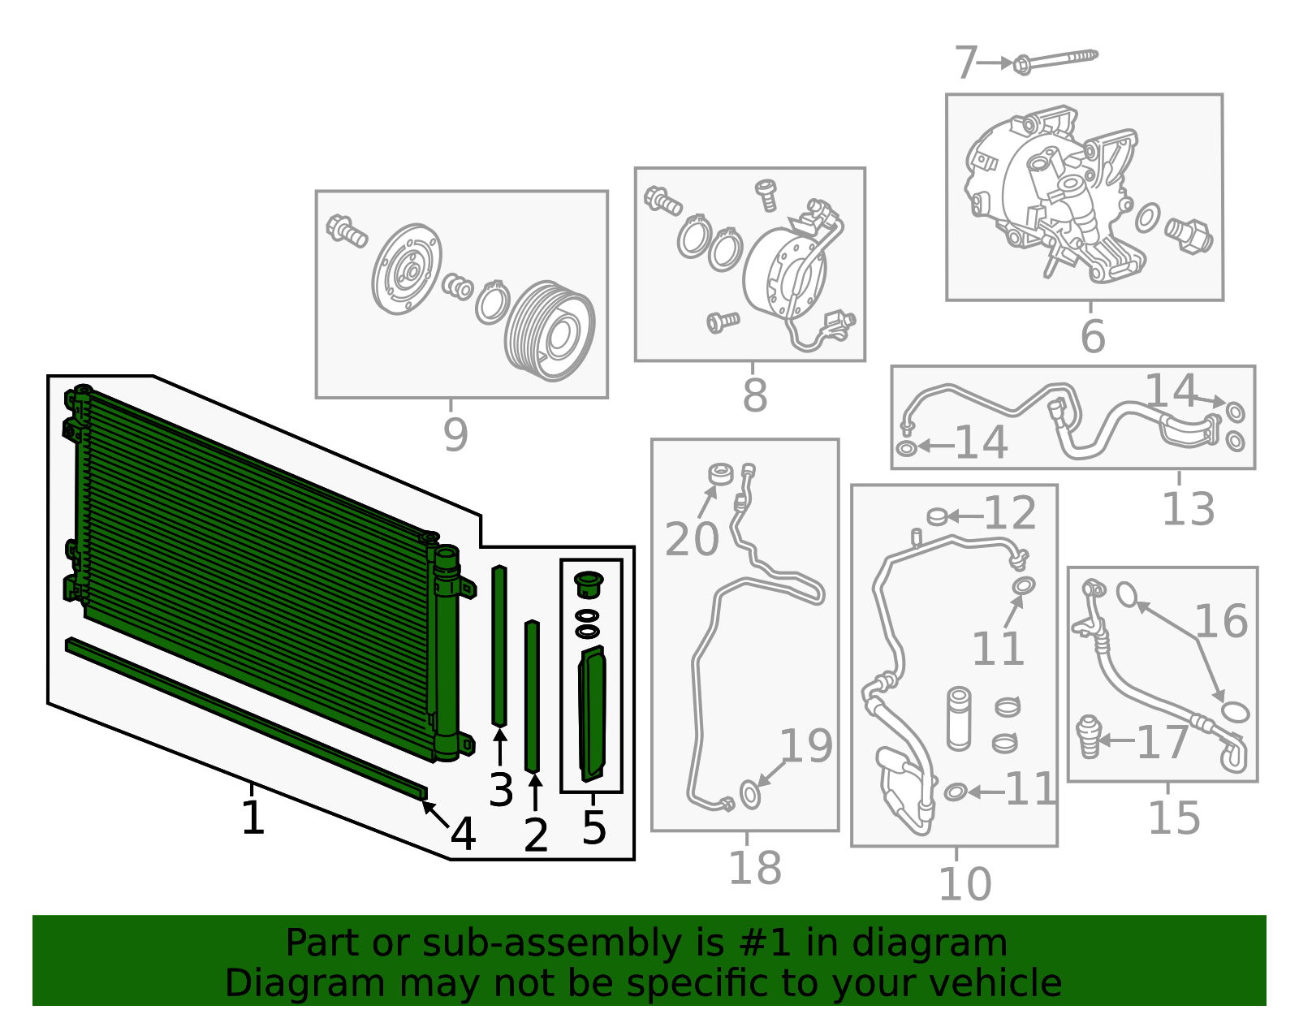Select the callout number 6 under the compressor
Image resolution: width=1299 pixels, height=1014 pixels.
(1093, 336)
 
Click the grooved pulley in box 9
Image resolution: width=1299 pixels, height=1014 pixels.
(550, 331)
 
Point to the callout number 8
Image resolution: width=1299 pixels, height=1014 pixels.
(754, 395)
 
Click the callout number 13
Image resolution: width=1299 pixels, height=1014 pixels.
(1188, 509)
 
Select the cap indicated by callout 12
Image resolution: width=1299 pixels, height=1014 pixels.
(937, 516)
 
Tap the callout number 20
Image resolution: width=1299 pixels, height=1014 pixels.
(692, 539)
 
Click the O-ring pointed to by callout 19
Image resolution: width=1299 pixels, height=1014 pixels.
(750, 795)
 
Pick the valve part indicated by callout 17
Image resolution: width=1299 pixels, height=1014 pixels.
(1088, 737)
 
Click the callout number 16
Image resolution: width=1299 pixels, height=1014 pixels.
(1221, 621)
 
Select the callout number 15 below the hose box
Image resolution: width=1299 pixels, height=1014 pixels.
(1174, 818)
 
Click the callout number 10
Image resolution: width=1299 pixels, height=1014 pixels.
(965, 884)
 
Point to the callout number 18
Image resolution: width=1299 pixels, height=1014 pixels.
(755, 868)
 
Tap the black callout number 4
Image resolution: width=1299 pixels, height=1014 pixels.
(463, 834)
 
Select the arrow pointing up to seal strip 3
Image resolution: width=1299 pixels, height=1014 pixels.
(500, 747)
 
